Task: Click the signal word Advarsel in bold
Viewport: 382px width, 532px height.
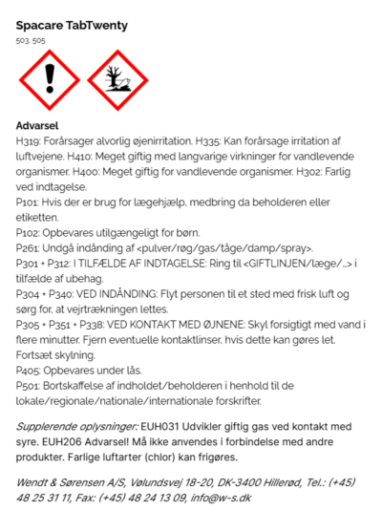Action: point(38,125)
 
